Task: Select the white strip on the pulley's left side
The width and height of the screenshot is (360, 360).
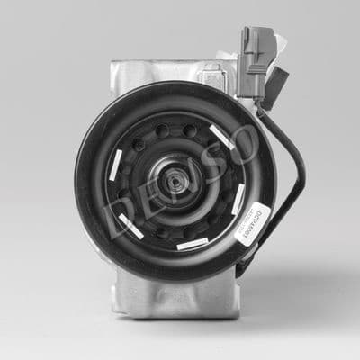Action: [x=115, y=162]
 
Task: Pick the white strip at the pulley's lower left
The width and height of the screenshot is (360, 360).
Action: [x=130, y=227]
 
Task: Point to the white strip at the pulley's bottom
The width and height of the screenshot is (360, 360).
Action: [x=193, y=243]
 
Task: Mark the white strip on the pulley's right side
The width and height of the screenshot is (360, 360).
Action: [x=238, y=199]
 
